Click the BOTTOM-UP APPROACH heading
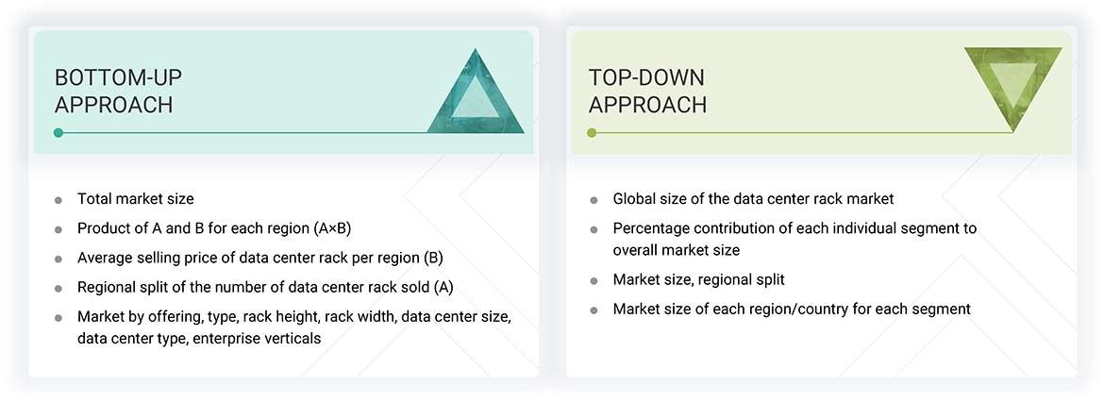pyautogui.click(x=114, y=91)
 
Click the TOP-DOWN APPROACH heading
pyautogui.click(x=647, y=91)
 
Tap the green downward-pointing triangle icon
pyautogui.click(x=1013, y=88)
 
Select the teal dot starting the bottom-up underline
pyautogui.click(x=59, y=133)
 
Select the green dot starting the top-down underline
pyautogui.click(x=592, y=133)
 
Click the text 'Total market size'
pyautogui.click(x=136, y=199)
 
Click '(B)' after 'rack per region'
pyautogui.click(x=432, y=258)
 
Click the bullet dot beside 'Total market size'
pyautogui.click(x=59, y=200)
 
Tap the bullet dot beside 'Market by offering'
pyautogui.click(x=59, y=317)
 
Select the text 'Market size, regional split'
pyautogui.click(x=698, y=279)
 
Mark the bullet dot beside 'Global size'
pyautogui.click(x=594, y=200)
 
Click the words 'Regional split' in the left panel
pyautogui.click(x=124, y=287)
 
